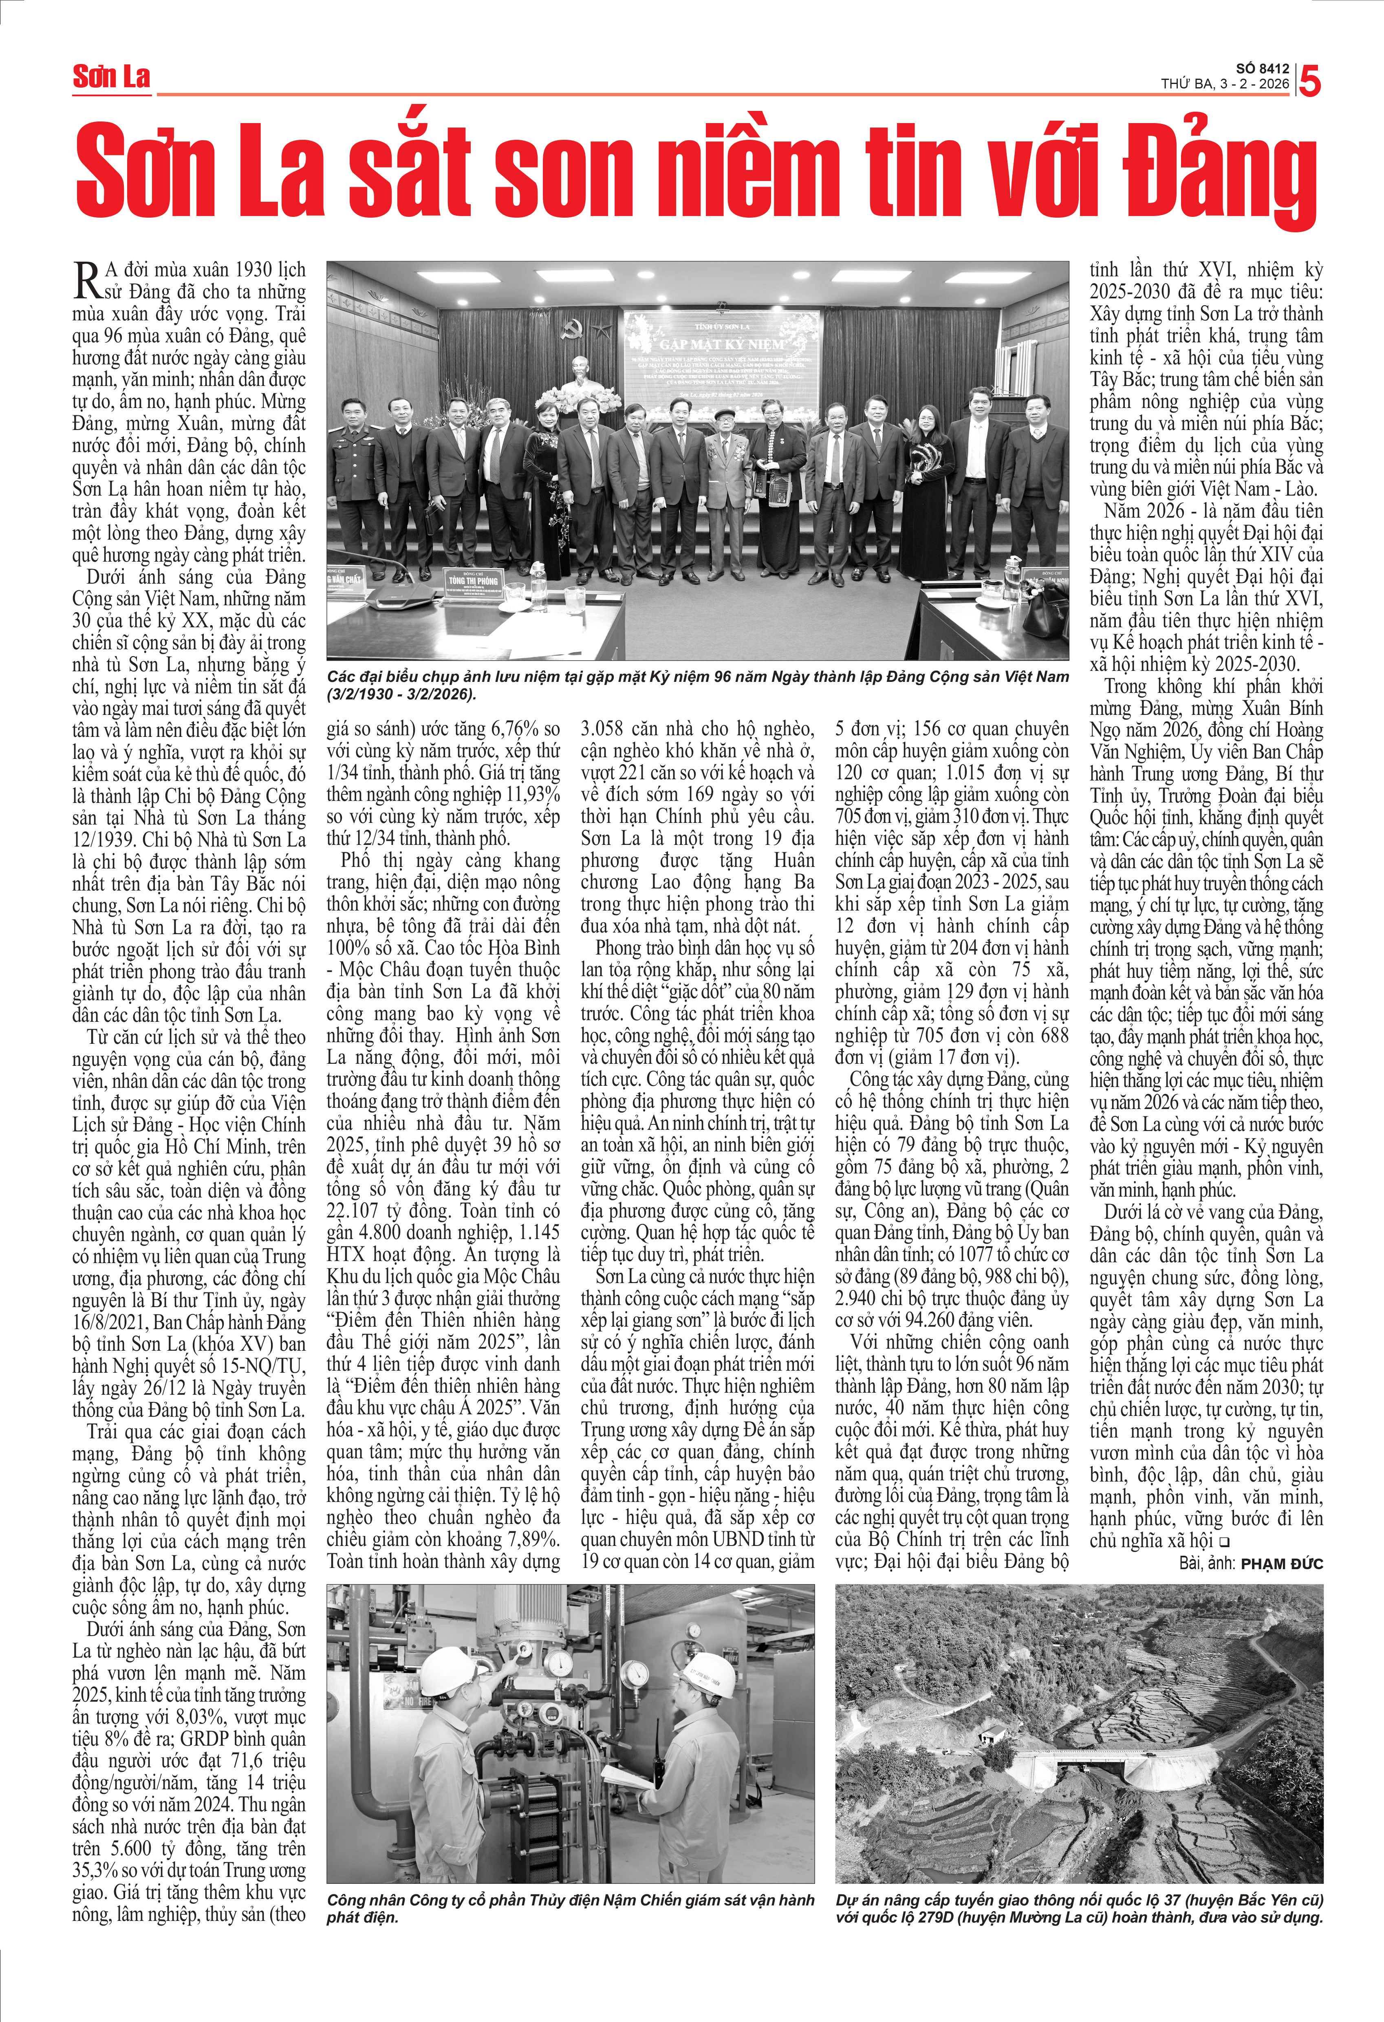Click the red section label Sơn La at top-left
111,77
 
